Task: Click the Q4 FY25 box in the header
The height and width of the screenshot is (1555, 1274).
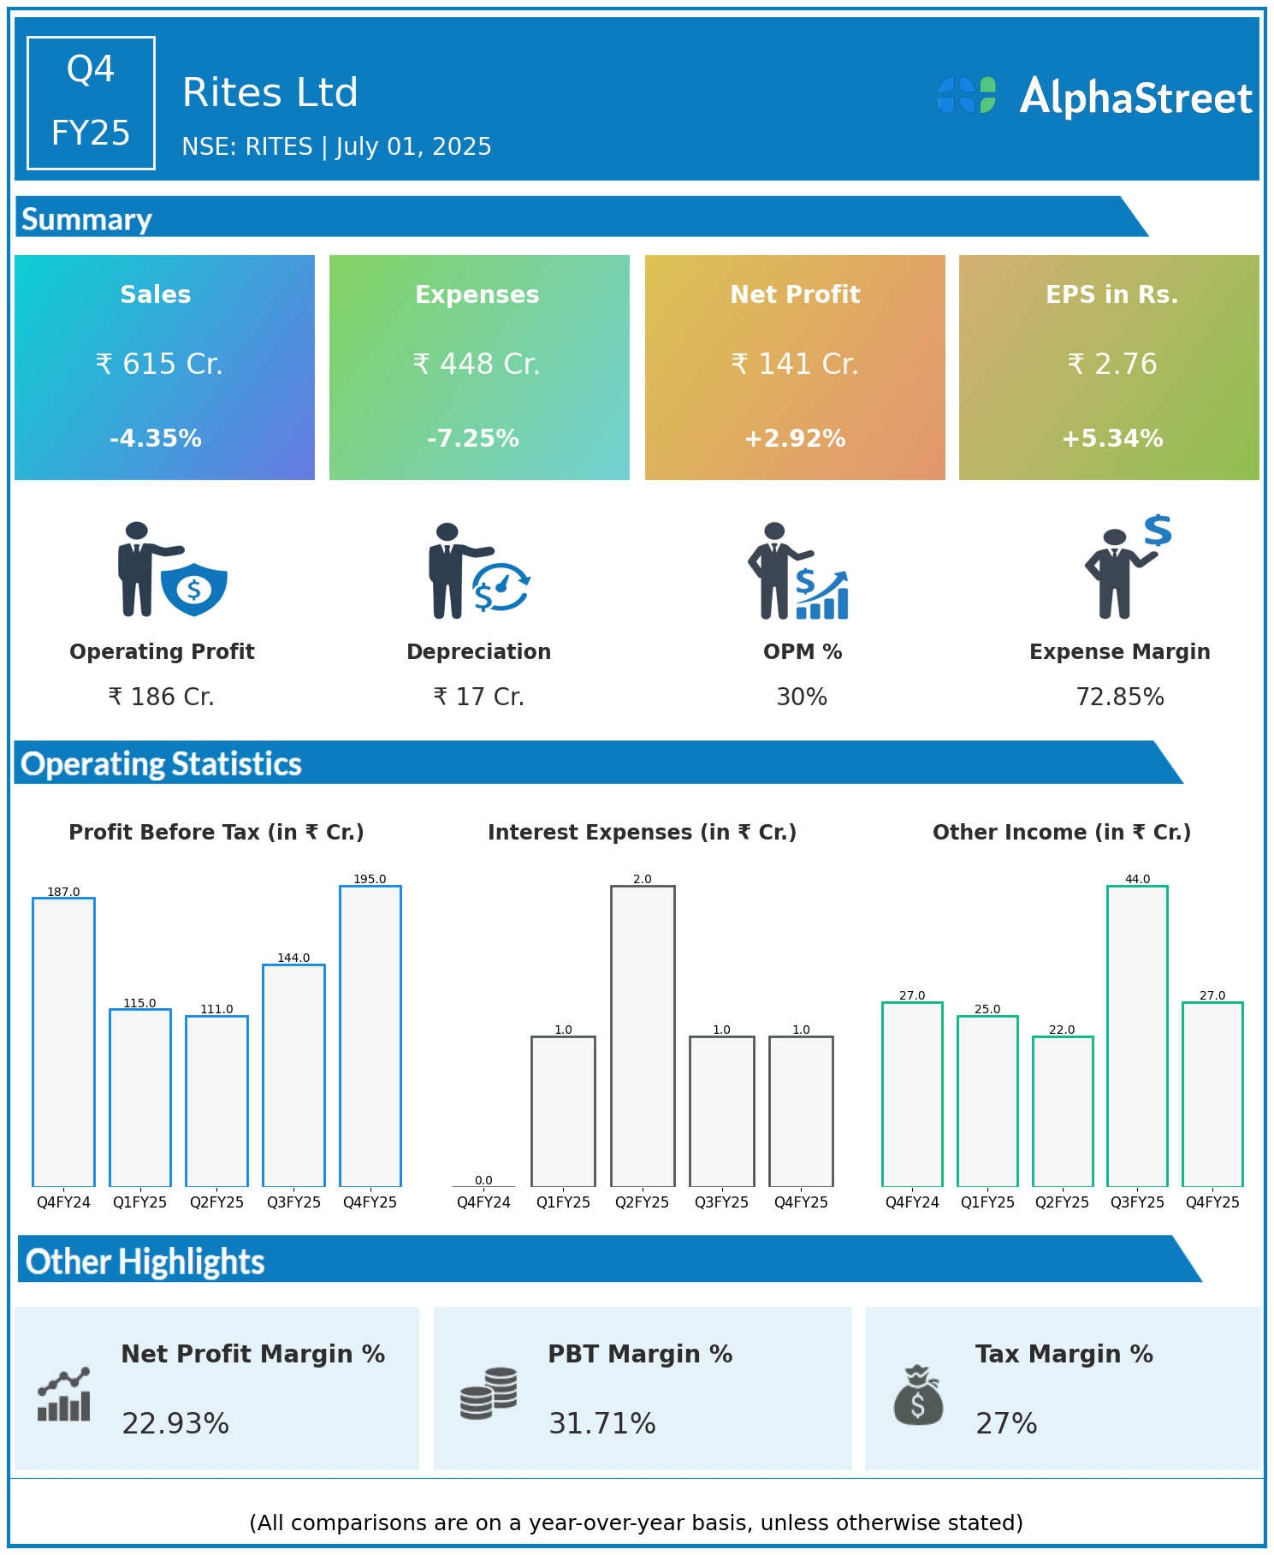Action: tap(91, 103)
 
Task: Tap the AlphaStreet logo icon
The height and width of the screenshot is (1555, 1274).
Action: tap(967, 95)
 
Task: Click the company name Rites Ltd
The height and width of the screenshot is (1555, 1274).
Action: tap(270, 92)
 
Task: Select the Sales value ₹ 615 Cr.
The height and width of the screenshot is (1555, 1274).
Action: tap(159, 365)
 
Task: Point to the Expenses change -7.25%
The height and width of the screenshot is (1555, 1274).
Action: tap(473, 439)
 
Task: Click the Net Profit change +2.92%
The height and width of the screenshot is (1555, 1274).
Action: tap(795, 439)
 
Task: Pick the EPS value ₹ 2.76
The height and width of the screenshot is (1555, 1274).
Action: tap(1112, 365)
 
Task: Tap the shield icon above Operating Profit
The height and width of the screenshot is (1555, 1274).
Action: tap(194, 589)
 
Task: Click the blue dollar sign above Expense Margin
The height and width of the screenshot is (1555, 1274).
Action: tap(1158, 531)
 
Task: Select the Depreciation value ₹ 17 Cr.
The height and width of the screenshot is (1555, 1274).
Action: tap(478, 697)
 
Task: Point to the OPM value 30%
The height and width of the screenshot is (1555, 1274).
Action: tap(802, 697)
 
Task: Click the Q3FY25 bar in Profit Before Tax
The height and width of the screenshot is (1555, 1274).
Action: tap(293, 1075)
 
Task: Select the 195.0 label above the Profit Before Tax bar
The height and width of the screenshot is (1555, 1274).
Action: tap(370, 879)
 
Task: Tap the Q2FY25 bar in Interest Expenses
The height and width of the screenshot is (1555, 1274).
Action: tap(643, 1036)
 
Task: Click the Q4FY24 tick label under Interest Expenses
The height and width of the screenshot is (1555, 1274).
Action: tap(483, 1202)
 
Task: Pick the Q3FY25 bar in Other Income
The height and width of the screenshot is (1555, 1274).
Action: tap(1137, 1036)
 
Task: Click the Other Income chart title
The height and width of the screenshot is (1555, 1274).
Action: tap(1062, 833)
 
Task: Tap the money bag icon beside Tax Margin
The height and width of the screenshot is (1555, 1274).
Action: tap(918, 1396)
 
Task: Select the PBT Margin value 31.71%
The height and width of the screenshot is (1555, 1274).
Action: tap(602, 1424)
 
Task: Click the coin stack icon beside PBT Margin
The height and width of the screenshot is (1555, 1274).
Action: tap(489, 1394)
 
